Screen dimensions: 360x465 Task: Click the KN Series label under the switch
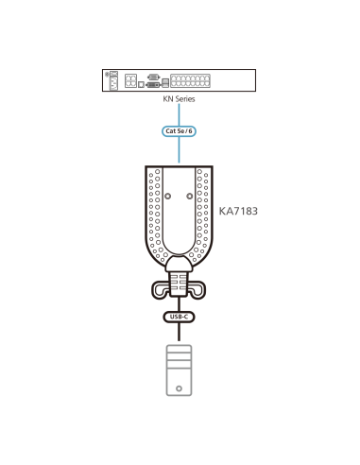click(180, 97)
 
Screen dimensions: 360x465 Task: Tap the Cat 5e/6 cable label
click(180, 130)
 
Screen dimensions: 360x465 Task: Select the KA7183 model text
click(238, 212)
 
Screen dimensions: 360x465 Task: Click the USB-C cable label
click(180, 318)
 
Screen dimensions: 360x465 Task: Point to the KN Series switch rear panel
click(180, 79)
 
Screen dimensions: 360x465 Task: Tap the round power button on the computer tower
click(180, 387)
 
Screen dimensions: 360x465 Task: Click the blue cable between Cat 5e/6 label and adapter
click(180, 151)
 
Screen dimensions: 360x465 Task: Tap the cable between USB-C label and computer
click(180, 334)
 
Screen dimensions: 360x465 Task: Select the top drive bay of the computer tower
click(180, 352)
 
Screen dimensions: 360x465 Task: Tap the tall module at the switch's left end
click(113, 79)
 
